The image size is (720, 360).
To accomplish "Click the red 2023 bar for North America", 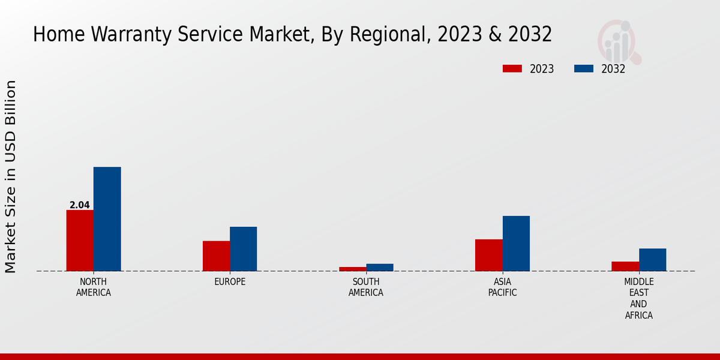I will click(80, 240).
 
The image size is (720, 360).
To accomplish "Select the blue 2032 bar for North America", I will click(107, 219).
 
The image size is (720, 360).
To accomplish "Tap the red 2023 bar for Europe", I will click(216, 256).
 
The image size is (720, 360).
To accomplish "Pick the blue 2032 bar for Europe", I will click(243, 249).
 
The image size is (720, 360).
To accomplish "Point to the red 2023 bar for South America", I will click(352, 269).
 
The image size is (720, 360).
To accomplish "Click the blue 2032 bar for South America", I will click(380, 267).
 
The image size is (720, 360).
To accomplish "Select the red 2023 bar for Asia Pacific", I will click(488, 255).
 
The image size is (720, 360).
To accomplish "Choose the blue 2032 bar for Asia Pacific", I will click(516, 243).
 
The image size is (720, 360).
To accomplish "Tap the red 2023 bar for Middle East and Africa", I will click(625, 266).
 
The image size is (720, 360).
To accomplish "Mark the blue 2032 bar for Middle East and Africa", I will click(652, 259).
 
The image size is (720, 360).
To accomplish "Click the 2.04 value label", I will click(80, 205).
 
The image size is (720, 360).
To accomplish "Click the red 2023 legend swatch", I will click(512, 68).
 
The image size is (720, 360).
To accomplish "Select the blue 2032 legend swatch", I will click(584, 68).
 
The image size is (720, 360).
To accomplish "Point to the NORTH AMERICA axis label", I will click(94, 287).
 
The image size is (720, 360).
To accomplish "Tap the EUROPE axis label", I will click(230, 282).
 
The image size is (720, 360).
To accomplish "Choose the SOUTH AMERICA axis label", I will click(366, 287).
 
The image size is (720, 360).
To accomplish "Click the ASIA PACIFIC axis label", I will click(502, 287).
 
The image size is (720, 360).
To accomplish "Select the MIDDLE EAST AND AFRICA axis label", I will click(638, 298).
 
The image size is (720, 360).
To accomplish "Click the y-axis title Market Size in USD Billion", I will click(11, 176).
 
